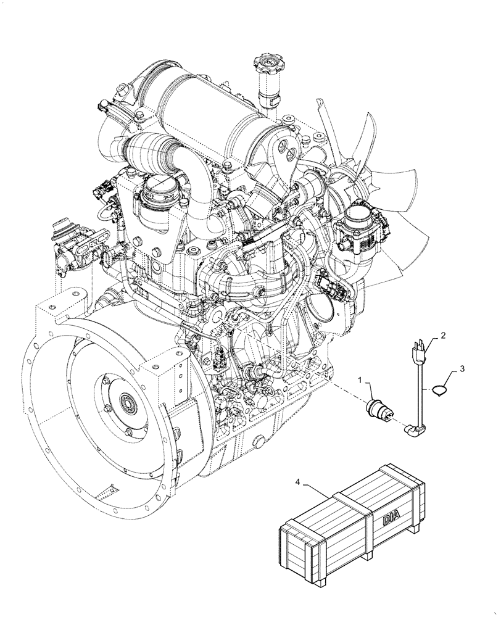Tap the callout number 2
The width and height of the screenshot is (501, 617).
[442, 336]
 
